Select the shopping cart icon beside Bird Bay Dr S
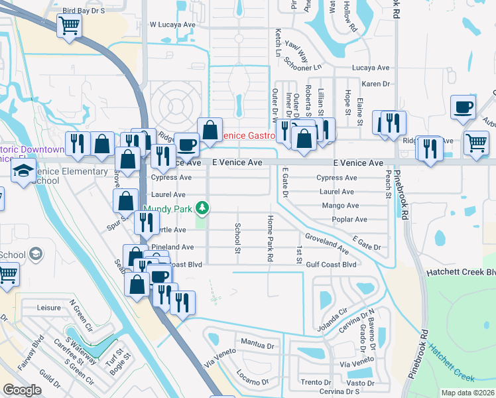(68, 26)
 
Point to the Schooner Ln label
(302, 68)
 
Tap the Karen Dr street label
(375, 84)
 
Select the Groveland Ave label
(327, 243)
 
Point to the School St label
(237, 237)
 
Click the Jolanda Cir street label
(334, 310)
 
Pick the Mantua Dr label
(258, 344)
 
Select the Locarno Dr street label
(252, 383)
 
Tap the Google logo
(22, 390)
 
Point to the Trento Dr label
(315, 383)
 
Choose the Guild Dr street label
(50, 383)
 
